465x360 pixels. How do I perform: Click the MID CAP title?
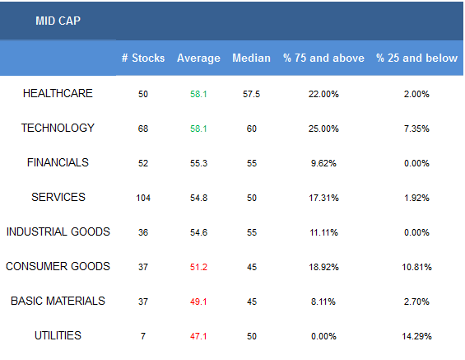[x=58, y=21]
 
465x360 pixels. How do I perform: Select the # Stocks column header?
[x=143, y=58]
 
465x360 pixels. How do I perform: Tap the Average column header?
[x=198, y=58]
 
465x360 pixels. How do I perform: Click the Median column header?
[x=251, y=58]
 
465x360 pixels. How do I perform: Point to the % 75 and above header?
[x=323, y=58]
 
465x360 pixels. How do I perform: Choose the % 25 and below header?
[x=416, y=58]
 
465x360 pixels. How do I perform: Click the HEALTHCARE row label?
[x=58, y=93]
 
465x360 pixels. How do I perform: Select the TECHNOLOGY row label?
[x=58, y=128]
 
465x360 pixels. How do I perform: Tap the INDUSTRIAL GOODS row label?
[x=58, y=231]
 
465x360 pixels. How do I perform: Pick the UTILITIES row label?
[x=58, y=335]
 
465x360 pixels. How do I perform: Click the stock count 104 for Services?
[x=143, y=198]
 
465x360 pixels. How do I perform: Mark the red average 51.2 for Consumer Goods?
[x=198, y=267]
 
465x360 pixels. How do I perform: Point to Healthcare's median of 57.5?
[x=251, y=94]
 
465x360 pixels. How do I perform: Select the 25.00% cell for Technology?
[x=323, y=129]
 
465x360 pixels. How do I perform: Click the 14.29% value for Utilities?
[x=416, y=336]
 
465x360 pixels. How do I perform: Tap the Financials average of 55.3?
[x=198, y=163]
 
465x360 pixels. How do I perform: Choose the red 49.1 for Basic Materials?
[x=198, y=302]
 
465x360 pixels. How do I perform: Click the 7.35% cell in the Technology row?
[x=416, y=129]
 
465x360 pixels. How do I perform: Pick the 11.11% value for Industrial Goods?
[x=323, y=232]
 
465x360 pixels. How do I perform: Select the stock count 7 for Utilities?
[x=143, y=336]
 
